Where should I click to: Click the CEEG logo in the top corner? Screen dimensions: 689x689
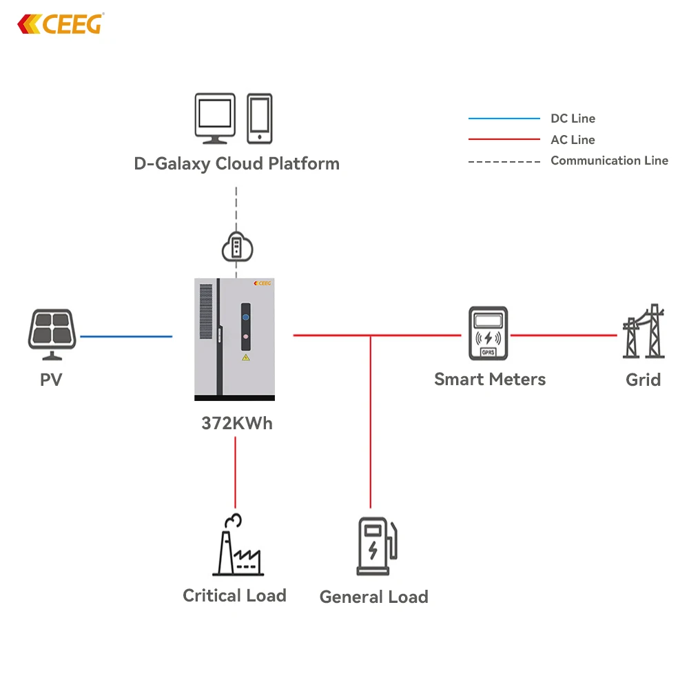pos(60,24)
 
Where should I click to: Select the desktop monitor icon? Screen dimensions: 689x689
pos(215,119)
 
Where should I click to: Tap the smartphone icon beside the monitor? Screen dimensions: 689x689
pos(260,118)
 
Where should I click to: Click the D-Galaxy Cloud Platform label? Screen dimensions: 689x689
pos(236,164)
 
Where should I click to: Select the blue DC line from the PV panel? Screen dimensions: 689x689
pos(126,336)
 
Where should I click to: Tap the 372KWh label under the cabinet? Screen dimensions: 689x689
pos(236,423)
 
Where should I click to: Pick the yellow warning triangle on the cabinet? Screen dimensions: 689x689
pos(245,358)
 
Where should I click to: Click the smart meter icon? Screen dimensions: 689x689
pos(488,333)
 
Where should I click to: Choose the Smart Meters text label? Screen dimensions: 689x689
pos(489,379)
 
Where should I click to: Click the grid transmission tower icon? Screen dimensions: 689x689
pos(644,332)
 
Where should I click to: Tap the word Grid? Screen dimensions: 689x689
pos(643,380)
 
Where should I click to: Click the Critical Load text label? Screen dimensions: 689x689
pos(234,595)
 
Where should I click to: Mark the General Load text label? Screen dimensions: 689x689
pos(373,597)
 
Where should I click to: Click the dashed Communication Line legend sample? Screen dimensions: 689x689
pos(504,161)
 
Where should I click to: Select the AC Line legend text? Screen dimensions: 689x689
pos(573,140)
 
